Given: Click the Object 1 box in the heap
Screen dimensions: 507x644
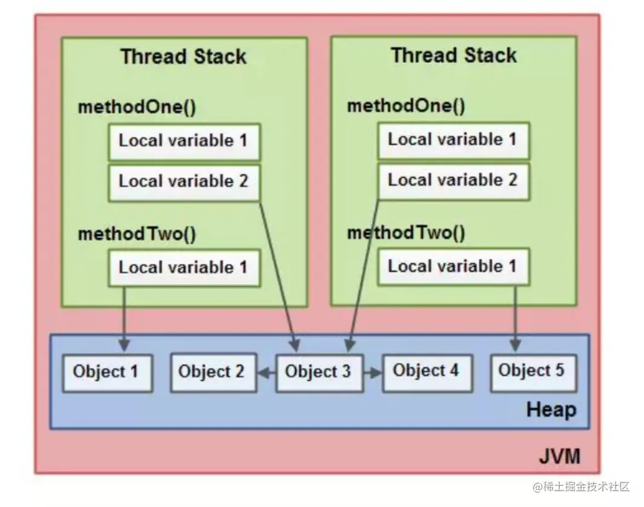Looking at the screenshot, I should tap(107, 371).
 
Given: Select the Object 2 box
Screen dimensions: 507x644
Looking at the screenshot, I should tap(211, 371).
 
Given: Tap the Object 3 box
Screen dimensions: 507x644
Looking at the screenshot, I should tap(318, 371).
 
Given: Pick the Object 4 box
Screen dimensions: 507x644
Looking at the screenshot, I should tap(426, 370).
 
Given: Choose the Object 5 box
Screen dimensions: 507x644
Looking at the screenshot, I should tap(531, 370).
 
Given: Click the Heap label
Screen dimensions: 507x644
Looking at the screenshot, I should tap(551, 410).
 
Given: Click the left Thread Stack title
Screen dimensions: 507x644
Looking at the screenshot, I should tap(183, 57).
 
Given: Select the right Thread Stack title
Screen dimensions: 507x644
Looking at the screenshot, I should tap(453, 56).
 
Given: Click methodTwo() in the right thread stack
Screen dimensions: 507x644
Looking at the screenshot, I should tap(406, 234).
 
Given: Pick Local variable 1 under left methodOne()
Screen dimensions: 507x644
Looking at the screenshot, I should tap(183, 141).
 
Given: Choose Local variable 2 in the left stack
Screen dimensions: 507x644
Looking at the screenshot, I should tap(183, 181).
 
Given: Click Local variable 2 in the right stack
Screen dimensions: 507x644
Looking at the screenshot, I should tap(453, 180).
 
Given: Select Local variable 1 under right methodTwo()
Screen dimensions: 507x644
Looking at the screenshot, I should tap(453, 267).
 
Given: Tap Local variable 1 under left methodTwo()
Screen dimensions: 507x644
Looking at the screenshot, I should tap(183, 267).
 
